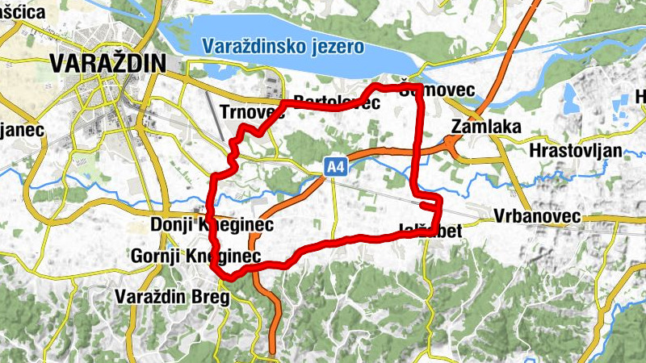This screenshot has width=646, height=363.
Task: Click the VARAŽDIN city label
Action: (107, 63)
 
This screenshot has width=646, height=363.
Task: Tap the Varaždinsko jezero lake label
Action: (283, 45)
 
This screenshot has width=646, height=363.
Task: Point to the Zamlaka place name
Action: (487, 127)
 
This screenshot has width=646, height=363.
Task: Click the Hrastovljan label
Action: (576, 151)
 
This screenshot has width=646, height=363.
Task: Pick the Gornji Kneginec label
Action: (197, 257)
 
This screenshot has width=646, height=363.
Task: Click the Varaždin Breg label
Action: (172, 297)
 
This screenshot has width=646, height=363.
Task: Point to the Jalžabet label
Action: (431, 232)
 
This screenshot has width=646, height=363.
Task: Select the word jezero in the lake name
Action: (337, 45)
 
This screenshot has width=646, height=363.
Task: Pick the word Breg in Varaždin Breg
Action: (212, 297)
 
